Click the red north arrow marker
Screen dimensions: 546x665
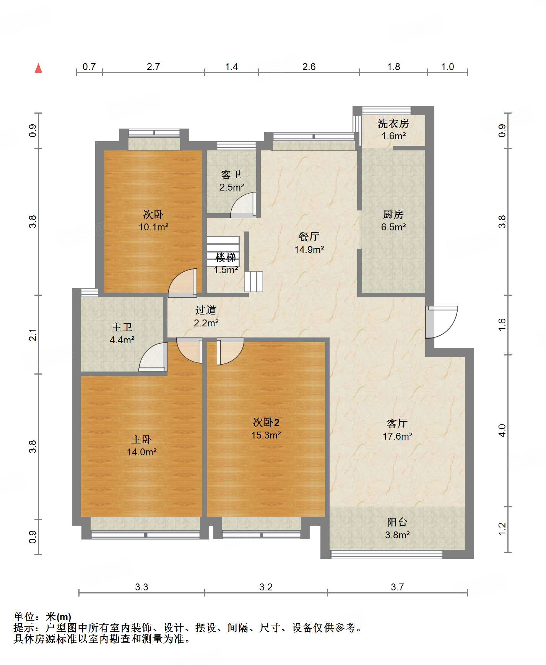click(x=38, y=68)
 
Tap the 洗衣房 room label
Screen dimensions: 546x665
click(x=393, y=124)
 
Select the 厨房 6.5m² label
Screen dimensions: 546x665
click(x=393, y=220)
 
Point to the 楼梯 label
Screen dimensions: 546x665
click(x=226, y=258)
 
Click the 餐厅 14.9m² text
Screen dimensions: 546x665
click(x=309, y=243)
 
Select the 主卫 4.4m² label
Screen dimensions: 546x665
click(x=122, y=333)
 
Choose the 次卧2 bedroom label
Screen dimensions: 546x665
click(x=266, y=422)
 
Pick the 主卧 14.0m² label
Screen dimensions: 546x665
click(x=142, y=446)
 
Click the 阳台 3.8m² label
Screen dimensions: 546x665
click(x=397, y=528)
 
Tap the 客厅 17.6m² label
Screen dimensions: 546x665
click(x=398, y=430)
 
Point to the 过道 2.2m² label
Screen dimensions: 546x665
click(x=206, y=316)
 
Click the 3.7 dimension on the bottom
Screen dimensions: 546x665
click(x=397, y=587)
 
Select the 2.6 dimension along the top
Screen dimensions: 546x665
click(x=309, y=67)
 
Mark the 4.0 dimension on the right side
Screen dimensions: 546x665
click(x=502, y=430)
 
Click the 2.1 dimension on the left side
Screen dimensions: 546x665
click(x=33, y=335)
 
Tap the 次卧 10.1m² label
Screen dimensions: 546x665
click(x=154, y=220)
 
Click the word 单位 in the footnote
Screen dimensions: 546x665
click(x=24, y=617)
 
